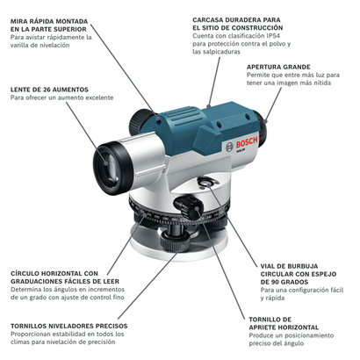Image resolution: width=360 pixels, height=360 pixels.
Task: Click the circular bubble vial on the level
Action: coord(208,183)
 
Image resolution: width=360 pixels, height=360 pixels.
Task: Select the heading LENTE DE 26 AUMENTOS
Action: coord(49,90)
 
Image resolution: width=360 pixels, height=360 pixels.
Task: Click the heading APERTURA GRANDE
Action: coord(278,67)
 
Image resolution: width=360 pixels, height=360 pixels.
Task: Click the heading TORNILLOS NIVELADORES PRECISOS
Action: coord(69,326)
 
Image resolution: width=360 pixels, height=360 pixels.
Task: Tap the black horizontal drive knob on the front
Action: coord(189,208)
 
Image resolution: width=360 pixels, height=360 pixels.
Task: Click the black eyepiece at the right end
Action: coord(261,126)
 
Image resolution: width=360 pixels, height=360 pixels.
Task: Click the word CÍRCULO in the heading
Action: coord(25,274)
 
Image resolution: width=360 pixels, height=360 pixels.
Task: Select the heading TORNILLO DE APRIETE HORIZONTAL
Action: coord(284,323)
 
